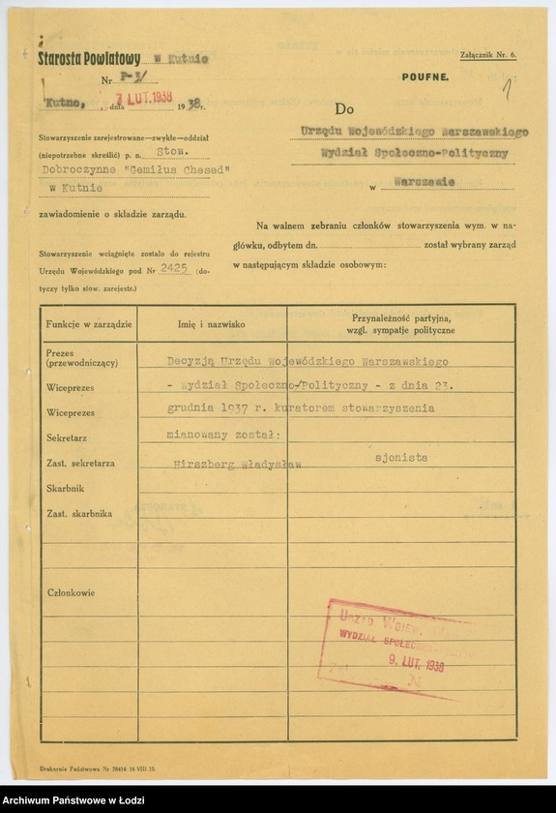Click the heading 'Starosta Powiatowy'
[90, 58]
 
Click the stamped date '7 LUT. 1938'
[141, 100]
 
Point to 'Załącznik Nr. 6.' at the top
[489, 55]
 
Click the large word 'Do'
[347, 110]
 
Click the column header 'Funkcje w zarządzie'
[87, 323]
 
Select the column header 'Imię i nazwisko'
[210, 324]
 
